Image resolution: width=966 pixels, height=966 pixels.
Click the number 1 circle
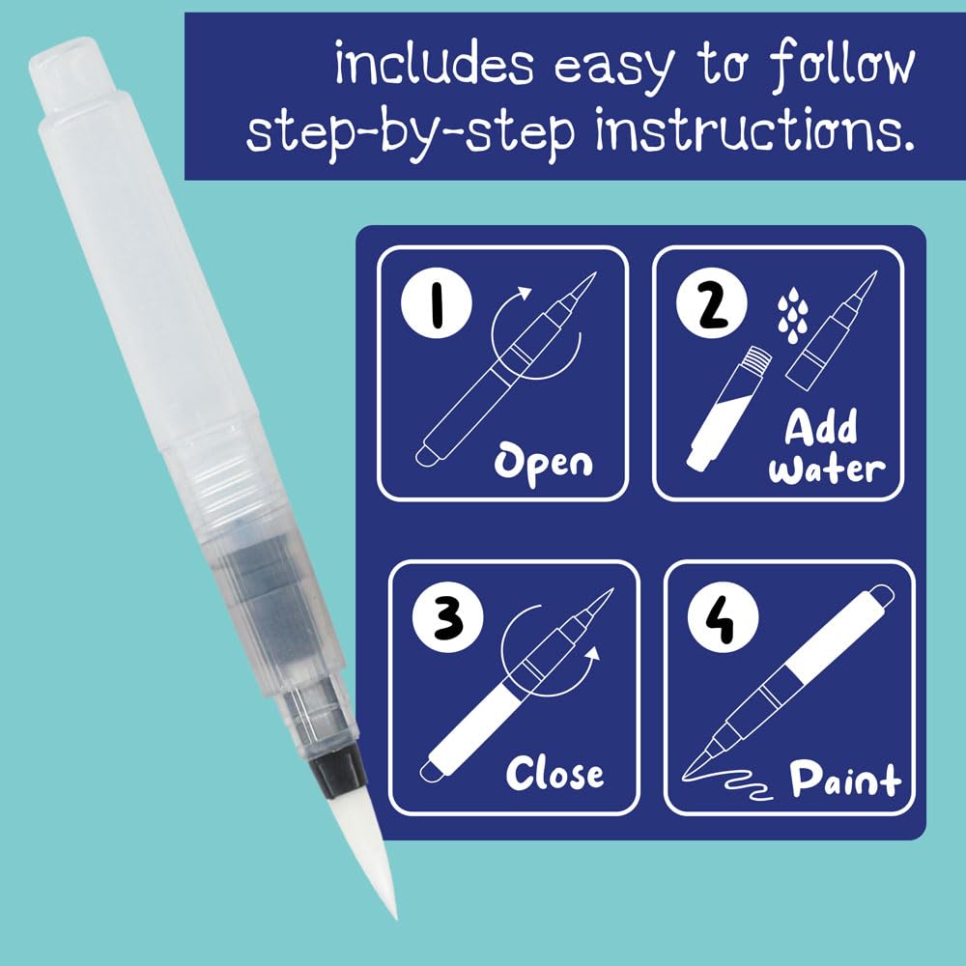(437, 303)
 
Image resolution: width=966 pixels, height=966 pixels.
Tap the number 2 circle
(712, 303)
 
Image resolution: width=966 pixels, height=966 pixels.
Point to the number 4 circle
(723, 617)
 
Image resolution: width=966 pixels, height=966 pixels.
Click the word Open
(543, 465)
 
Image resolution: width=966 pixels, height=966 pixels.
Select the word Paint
(845, 779)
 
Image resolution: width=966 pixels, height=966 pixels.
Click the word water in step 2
(827, 469)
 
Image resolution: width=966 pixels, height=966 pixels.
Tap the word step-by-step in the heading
(411, 133)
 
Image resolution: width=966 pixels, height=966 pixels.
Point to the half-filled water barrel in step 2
(728, 409)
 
